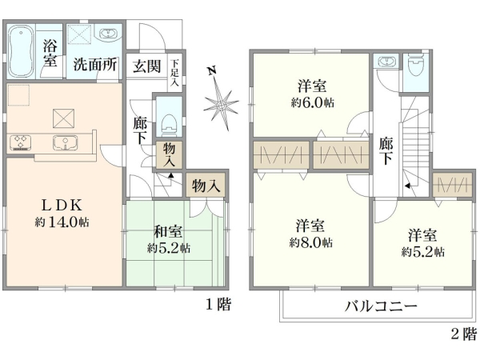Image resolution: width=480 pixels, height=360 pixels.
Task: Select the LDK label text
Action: pos(57,203)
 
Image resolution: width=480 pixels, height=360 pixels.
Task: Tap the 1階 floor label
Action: pos(218,304)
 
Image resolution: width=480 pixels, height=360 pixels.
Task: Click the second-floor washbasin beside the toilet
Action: pos(387,62)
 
